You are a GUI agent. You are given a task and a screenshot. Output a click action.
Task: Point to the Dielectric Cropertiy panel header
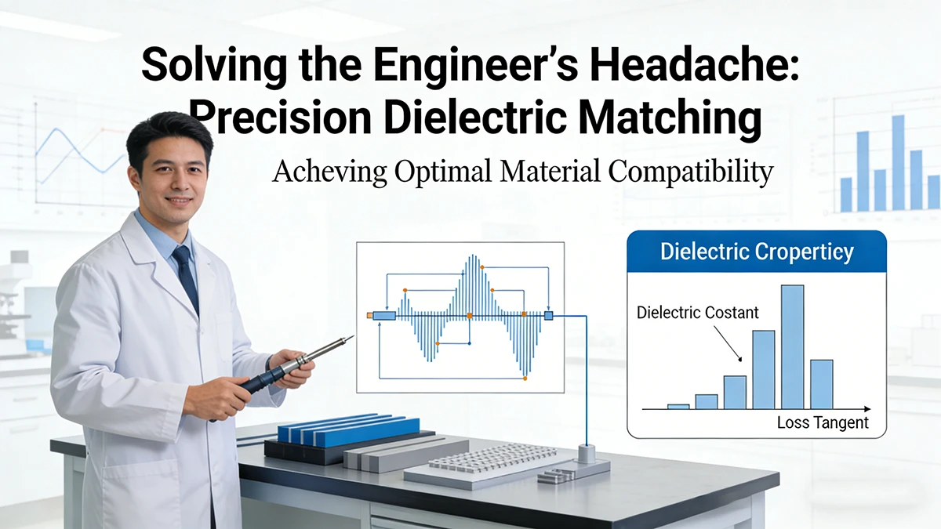tap(757, 252)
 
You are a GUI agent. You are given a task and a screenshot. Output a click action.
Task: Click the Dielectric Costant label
tap(698, 313)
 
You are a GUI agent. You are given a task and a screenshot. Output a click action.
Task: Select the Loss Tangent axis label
tap(823, 422)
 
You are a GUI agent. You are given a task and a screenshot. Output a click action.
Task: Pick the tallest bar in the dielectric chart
tap(792, 346)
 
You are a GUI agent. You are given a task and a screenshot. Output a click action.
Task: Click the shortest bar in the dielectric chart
tap(678, 406)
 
